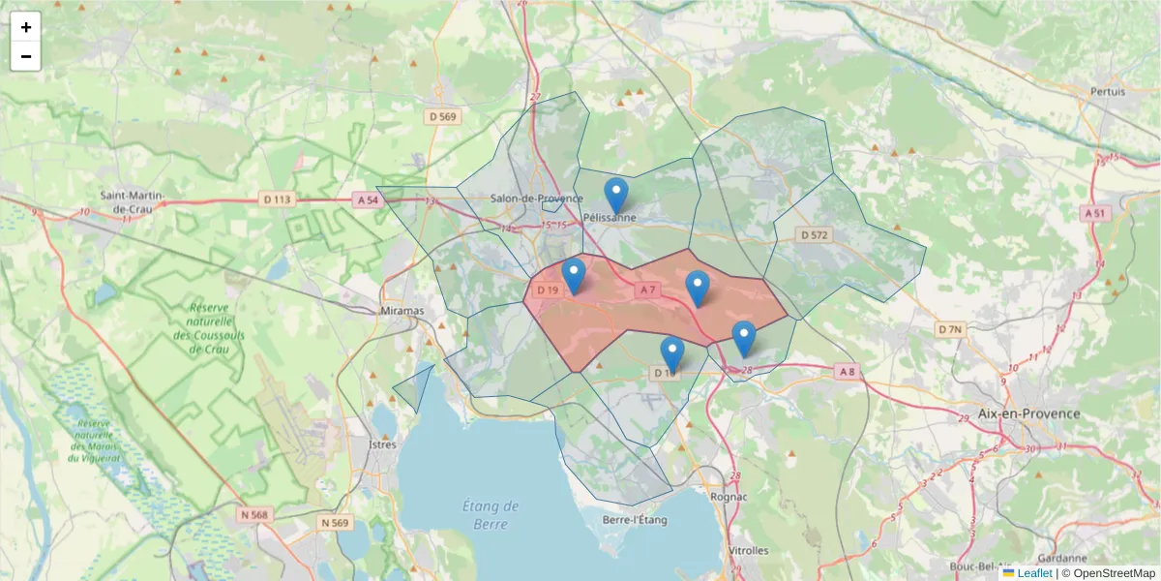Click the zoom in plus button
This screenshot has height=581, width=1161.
(26, 27)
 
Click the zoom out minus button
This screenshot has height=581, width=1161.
(26, 56)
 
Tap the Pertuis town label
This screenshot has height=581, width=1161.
(1108, 92)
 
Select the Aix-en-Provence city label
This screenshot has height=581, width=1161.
(1028, 413)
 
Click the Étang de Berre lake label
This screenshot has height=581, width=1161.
(491, 514)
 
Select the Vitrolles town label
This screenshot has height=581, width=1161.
(747, 550)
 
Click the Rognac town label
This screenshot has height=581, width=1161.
(729, 496)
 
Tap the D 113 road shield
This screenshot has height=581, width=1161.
(277, 199)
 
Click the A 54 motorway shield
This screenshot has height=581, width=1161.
(367, 199)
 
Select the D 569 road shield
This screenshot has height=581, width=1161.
(442, 116)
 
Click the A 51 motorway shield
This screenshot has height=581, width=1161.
(1095, 212)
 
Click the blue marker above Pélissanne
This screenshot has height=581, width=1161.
(615, 195)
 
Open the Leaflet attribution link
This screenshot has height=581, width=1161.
(1033, 573)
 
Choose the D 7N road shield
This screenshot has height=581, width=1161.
(950, 330)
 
